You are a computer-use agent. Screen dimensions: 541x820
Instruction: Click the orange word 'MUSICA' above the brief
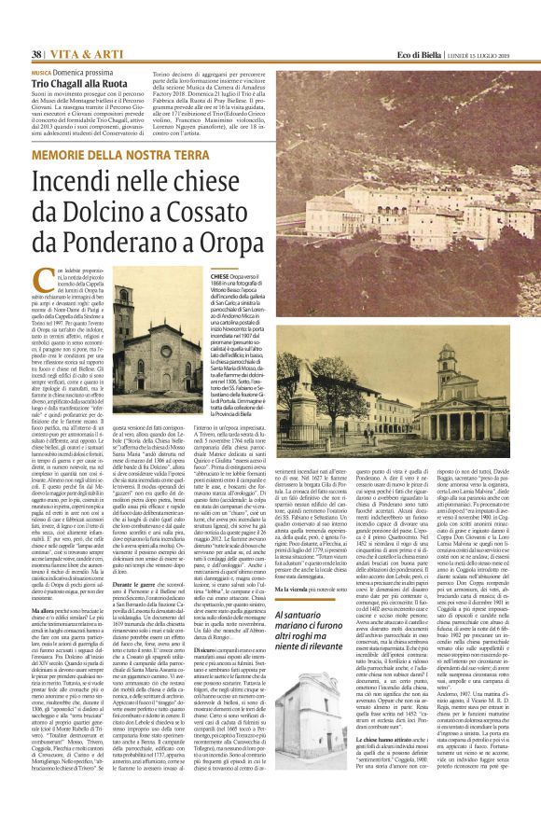(x=41, y=72)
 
